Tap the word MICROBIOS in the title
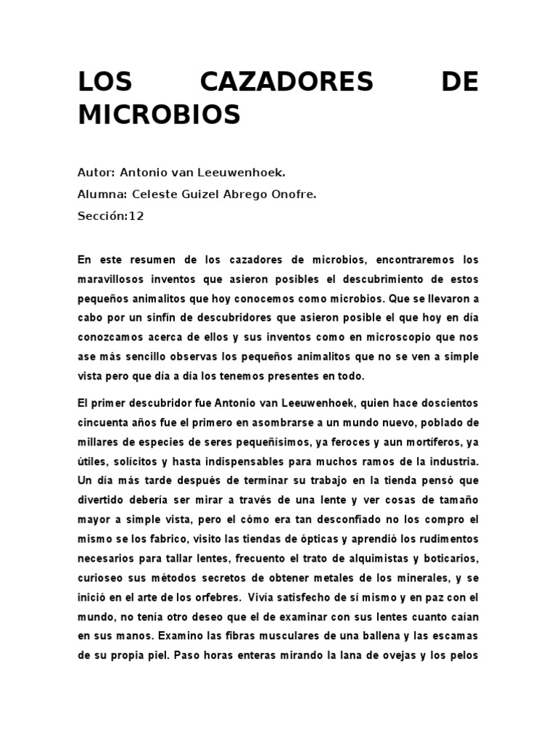coord(159,115)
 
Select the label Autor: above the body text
coord(96,173)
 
